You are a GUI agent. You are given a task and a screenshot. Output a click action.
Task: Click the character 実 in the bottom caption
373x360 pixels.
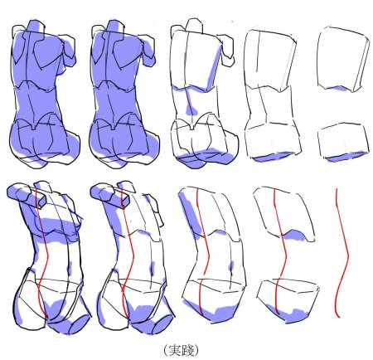(x=175, y=350)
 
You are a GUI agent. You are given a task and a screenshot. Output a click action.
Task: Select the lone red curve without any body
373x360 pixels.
(x=342, y=253)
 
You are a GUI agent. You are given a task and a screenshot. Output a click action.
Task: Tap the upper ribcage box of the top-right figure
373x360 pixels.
(x=343, y=59)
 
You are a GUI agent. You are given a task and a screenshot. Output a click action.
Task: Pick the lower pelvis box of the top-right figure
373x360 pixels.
(x=343, y=143)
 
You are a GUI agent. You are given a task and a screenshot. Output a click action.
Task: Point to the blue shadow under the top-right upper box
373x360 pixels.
(x=336, y=88)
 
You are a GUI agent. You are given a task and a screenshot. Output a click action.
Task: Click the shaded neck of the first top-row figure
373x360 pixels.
(x=36, y=26)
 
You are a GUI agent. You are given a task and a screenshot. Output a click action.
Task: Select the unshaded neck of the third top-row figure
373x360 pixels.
(x=194, y=26)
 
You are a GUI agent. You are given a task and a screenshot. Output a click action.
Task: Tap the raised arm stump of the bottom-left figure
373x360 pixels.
(x=27, y=194)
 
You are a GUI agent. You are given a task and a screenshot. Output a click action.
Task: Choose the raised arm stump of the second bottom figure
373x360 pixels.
(x=109, y=194)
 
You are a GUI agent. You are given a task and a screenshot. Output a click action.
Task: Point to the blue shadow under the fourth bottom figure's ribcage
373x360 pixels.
(x=295, y=236)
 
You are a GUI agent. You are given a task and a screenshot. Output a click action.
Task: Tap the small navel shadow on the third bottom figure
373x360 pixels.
(x=231, y=265)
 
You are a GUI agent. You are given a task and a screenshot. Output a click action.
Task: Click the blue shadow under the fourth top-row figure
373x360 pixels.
(x=272, y=157)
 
